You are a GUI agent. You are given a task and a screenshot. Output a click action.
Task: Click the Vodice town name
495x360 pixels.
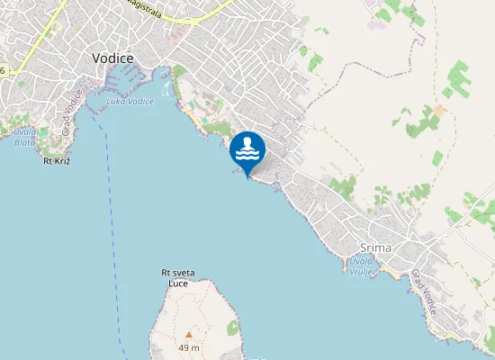click(112, 58)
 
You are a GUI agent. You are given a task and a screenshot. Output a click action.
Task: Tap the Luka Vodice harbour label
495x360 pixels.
click(128, 101)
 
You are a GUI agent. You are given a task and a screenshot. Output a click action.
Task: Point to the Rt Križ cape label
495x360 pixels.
click(57, 161)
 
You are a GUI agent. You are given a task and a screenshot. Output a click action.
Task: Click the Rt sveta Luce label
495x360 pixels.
click(178, 277)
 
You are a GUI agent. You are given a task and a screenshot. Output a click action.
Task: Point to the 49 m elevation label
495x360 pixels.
click(189, 347)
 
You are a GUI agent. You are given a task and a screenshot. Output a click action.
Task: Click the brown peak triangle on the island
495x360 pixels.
click(188, 334)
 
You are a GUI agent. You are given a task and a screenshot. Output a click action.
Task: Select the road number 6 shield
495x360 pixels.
click(3, 70)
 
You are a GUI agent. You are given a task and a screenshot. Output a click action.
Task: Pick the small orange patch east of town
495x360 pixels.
click(439, 110)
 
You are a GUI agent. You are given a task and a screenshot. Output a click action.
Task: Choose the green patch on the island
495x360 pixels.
click(233, 328)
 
